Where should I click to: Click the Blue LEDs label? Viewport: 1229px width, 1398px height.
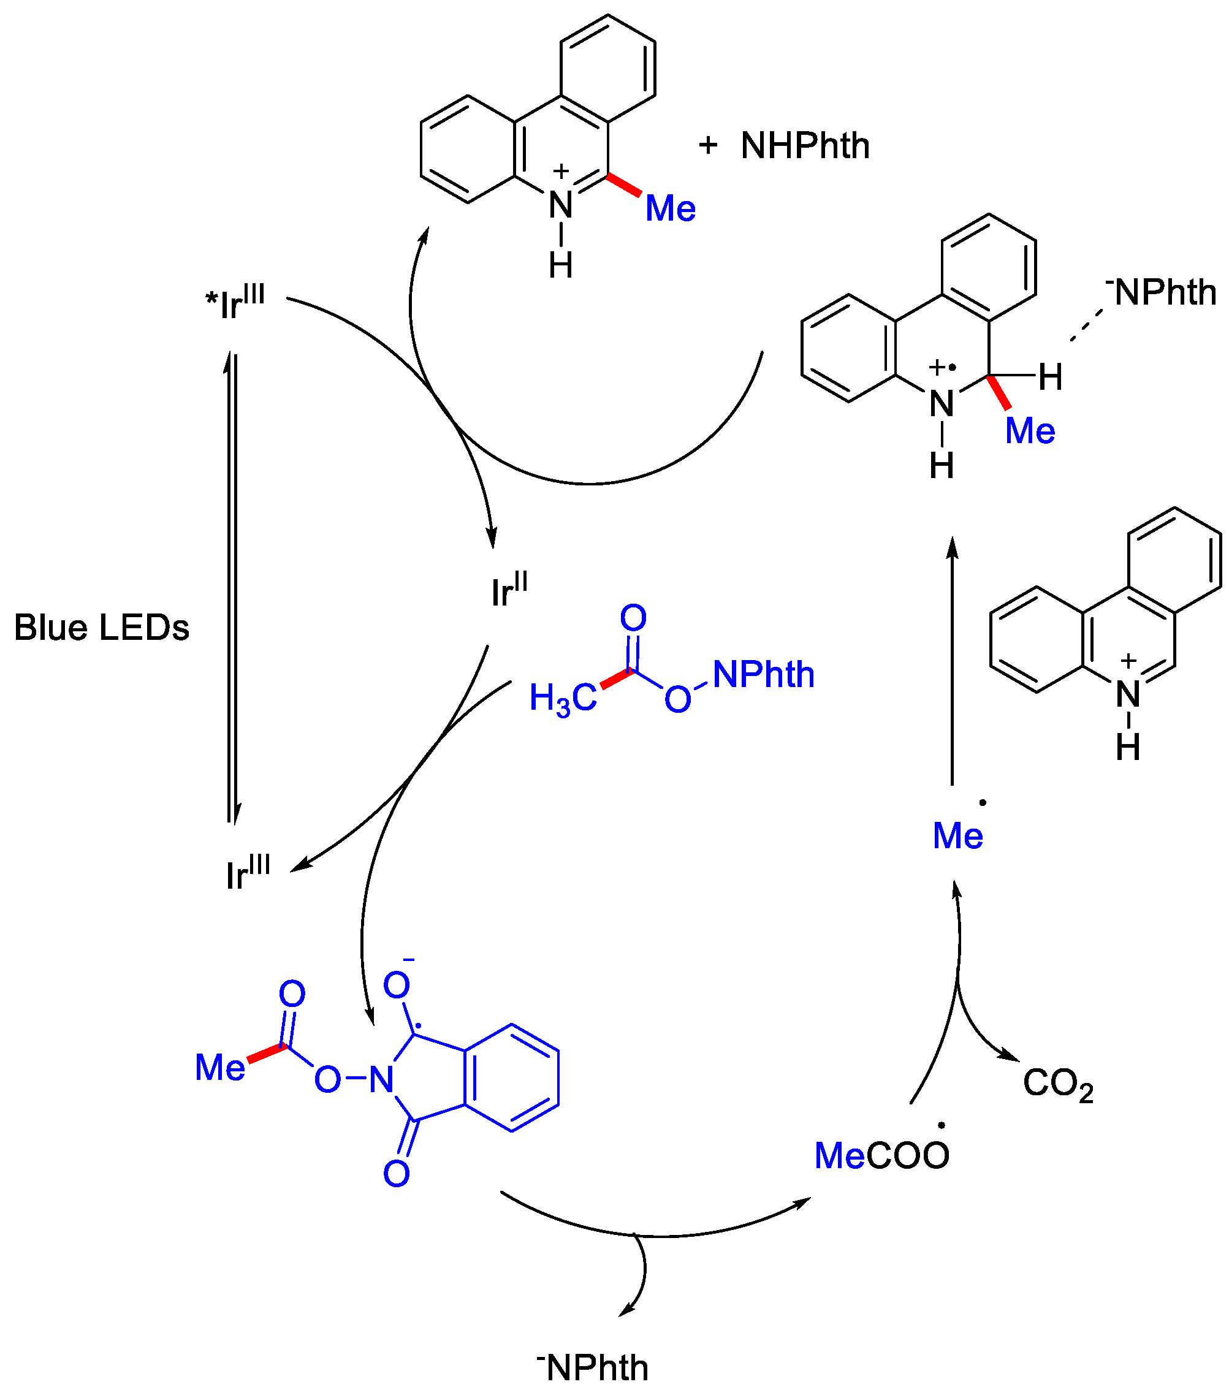click(x=101, y=627)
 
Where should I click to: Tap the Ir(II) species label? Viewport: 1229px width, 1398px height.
click(x=509, y=590)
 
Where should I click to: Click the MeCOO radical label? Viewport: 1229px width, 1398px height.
click(x=881, y=1155)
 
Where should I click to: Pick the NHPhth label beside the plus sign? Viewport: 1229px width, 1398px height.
click(x=805, y=146)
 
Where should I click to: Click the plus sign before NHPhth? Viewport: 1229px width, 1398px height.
click(x=708, y=145)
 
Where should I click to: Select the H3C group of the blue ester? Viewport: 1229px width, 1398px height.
click(x=563, y=699)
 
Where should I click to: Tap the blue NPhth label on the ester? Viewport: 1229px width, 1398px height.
click(x=763, y=674)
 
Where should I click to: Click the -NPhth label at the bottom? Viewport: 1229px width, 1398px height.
click(x=593, y=1367)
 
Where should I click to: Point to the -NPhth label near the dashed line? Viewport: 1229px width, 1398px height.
click(x=1162, y=292)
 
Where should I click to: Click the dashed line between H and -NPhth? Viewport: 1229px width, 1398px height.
click(x=1087, y=325)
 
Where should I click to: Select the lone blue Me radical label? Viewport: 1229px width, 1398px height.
click(x=957, y=836)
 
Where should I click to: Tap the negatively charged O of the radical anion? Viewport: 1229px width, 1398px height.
click(x=397, y=986)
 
